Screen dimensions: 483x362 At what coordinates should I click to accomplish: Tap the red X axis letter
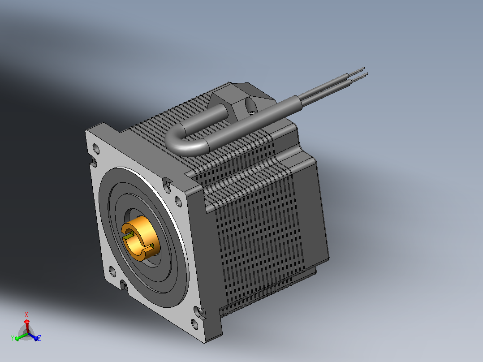26,315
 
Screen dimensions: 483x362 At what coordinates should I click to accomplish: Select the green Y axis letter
13,338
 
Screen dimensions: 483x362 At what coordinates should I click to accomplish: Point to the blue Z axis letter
39,338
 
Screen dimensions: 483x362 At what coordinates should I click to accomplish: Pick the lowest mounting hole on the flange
194,323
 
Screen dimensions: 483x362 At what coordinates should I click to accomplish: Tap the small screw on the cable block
252,112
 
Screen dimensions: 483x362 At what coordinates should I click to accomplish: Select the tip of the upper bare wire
364,68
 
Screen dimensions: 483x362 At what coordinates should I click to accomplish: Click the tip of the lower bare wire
367,73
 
